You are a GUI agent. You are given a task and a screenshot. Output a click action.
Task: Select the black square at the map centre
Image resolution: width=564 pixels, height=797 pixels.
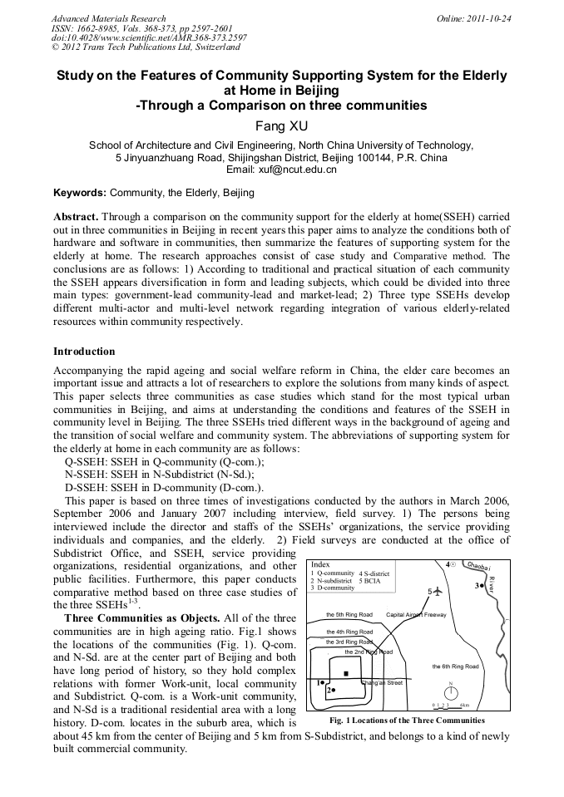tap(346, 672)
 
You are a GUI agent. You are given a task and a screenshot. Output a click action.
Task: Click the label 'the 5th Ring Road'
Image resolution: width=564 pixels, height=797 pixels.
tap(349, 615)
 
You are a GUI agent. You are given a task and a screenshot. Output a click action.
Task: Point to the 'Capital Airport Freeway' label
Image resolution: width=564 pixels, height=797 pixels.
tap(416, 615)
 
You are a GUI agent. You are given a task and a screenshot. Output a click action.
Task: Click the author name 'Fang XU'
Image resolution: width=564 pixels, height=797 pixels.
tap(281, 125)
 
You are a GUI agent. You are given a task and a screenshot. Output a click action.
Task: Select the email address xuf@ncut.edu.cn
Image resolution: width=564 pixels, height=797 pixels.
tap(281, 170)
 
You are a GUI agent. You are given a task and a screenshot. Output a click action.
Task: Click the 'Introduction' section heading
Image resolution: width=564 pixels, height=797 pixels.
tap(84, 352)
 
